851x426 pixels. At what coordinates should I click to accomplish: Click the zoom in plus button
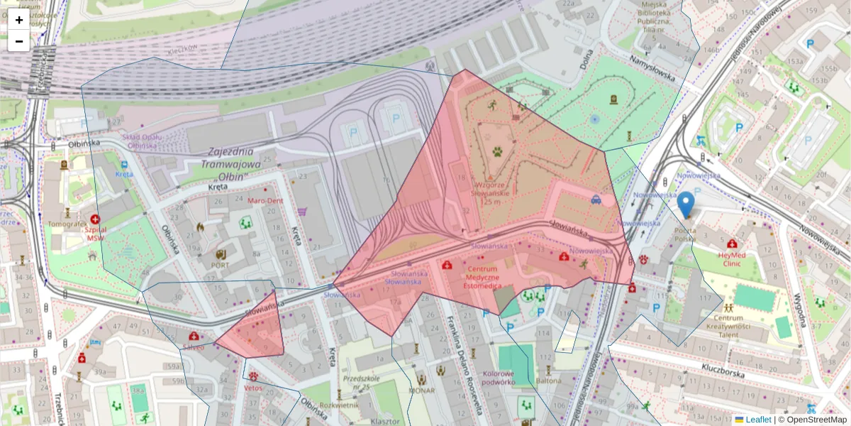[19, 20]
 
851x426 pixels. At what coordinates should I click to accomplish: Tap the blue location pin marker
[686, 204]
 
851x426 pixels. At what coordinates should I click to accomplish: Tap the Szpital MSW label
[96, 234]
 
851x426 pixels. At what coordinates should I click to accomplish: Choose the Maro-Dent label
[265, 201]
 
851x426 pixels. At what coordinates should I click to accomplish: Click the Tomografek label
[67, 224]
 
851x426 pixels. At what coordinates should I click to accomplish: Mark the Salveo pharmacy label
[193, 347]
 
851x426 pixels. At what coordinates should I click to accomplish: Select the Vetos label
[253, 388]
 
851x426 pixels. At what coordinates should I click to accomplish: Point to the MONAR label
[421, 390]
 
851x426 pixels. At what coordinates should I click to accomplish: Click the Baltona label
[548, 381]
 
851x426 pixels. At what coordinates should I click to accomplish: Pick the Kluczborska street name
[722, 368]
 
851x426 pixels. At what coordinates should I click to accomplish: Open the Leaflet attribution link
[757, 420]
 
